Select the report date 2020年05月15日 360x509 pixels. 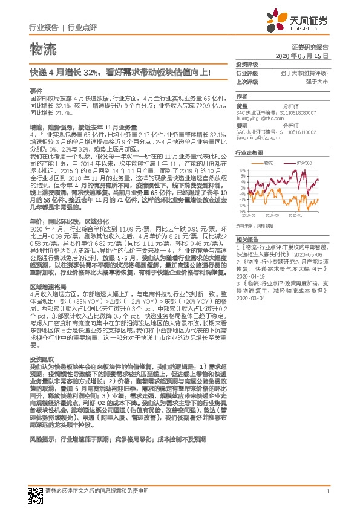coord(301,55)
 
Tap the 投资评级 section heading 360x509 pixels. coord(246,64)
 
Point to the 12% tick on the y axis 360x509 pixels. coord(241,170)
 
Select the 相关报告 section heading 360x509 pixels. coord(246,241)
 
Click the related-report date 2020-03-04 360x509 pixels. coord(250,297)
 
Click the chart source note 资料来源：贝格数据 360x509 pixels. coord(256,225)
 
